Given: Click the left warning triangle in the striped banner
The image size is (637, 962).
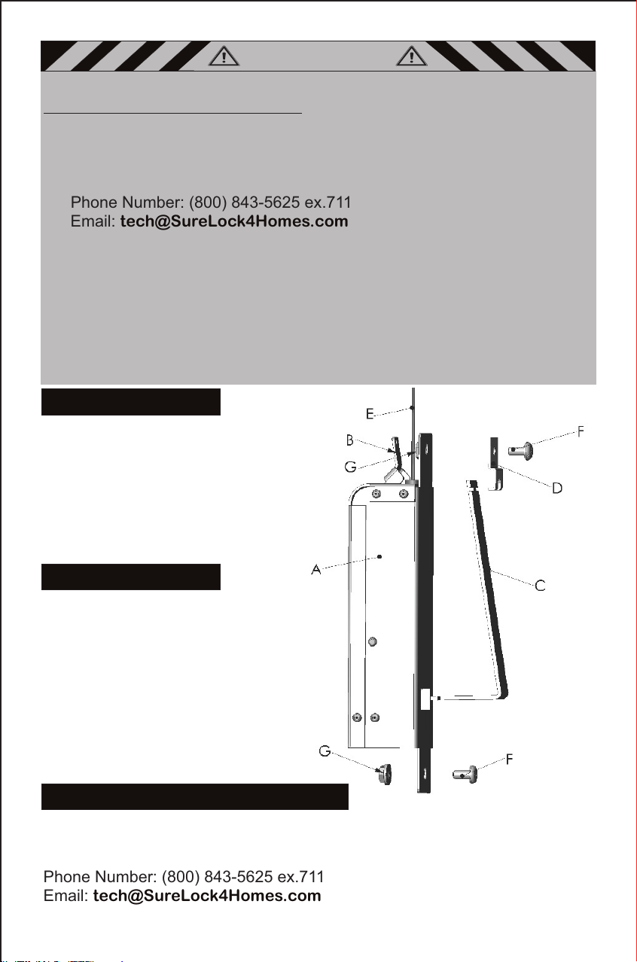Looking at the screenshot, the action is click(x=224, y=56).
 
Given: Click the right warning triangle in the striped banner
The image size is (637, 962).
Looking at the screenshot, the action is click(x=412, y=56).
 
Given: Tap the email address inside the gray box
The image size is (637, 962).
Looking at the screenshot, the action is click(x=234, y=221).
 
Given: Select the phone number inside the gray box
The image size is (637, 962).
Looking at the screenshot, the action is click(x=270, y=202).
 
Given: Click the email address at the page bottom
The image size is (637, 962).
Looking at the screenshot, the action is click(x=207, y=896).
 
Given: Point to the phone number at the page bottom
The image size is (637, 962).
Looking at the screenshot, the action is click(x=242, y=876).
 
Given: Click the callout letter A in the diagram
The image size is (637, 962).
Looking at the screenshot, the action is click(x=316, y=570).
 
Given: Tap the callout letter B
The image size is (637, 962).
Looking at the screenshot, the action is click(x=350, y=440).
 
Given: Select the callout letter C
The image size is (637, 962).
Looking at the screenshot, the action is click(x=541, y=586).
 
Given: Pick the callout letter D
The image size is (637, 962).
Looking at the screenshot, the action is click(x=557, y=488).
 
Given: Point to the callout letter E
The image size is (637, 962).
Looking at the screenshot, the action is click(x=370, y=414).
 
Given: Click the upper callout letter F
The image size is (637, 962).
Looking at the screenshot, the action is click(x=581, y=431).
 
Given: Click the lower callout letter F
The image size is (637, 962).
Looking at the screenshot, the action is click(x=510, y=760).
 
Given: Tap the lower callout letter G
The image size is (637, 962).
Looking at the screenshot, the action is click(x=325, y=750).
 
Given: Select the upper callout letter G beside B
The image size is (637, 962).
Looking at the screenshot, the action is click(x=350, y=467).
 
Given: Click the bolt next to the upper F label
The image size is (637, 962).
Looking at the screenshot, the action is click(x=520, y=451).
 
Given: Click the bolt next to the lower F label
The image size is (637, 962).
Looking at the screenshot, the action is click(x=465, y=775).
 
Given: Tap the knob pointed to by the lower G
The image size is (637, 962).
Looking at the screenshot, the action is click(x=385, y=775).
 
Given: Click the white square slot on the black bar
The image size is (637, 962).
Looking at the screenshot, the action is click(x=425, y=699).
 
